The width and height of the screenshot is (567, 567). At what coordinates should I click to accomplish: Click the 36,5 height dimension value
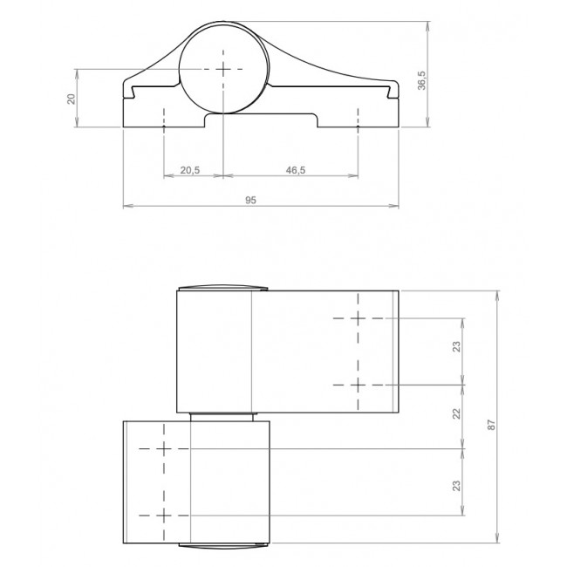click(422, 80)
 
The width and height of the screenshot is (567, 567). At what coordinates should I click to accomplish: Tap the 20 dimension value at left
click(72, 99)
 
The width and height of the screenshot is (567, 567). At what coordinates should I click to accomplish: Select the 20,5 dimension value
click(190, 170)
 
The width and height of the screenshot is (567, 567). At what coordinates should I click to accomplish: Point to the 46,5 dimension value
click(296, 170)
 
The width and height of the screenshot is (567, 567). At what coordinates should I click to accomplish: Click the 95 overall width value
click(250, 200)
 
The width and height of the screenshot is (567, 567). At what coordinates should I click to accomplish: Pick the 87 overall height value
click(491, 425)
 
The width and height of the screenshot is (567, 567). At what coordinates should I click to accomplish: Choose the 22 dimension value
click(457, 413)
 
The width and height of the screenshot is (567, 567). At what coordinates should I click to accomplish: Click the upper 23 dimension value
click(457, 346)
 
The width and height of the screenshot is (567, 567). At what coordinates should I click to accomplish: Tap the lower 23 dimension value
click(457, 485)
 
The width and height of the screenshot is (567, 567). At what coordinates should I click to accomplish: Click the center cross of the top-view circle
click(223, 69)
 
